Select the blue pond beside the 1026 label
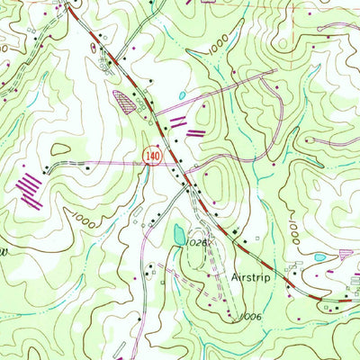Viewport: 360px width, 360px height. coord(177,237)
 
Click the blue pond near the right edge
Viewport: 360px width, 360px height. coord(320,257)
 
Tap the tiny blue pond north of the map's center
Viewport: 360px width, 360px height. coord(182,94)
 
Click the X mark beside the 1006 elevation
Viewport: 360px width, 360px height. coord(233,316)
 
